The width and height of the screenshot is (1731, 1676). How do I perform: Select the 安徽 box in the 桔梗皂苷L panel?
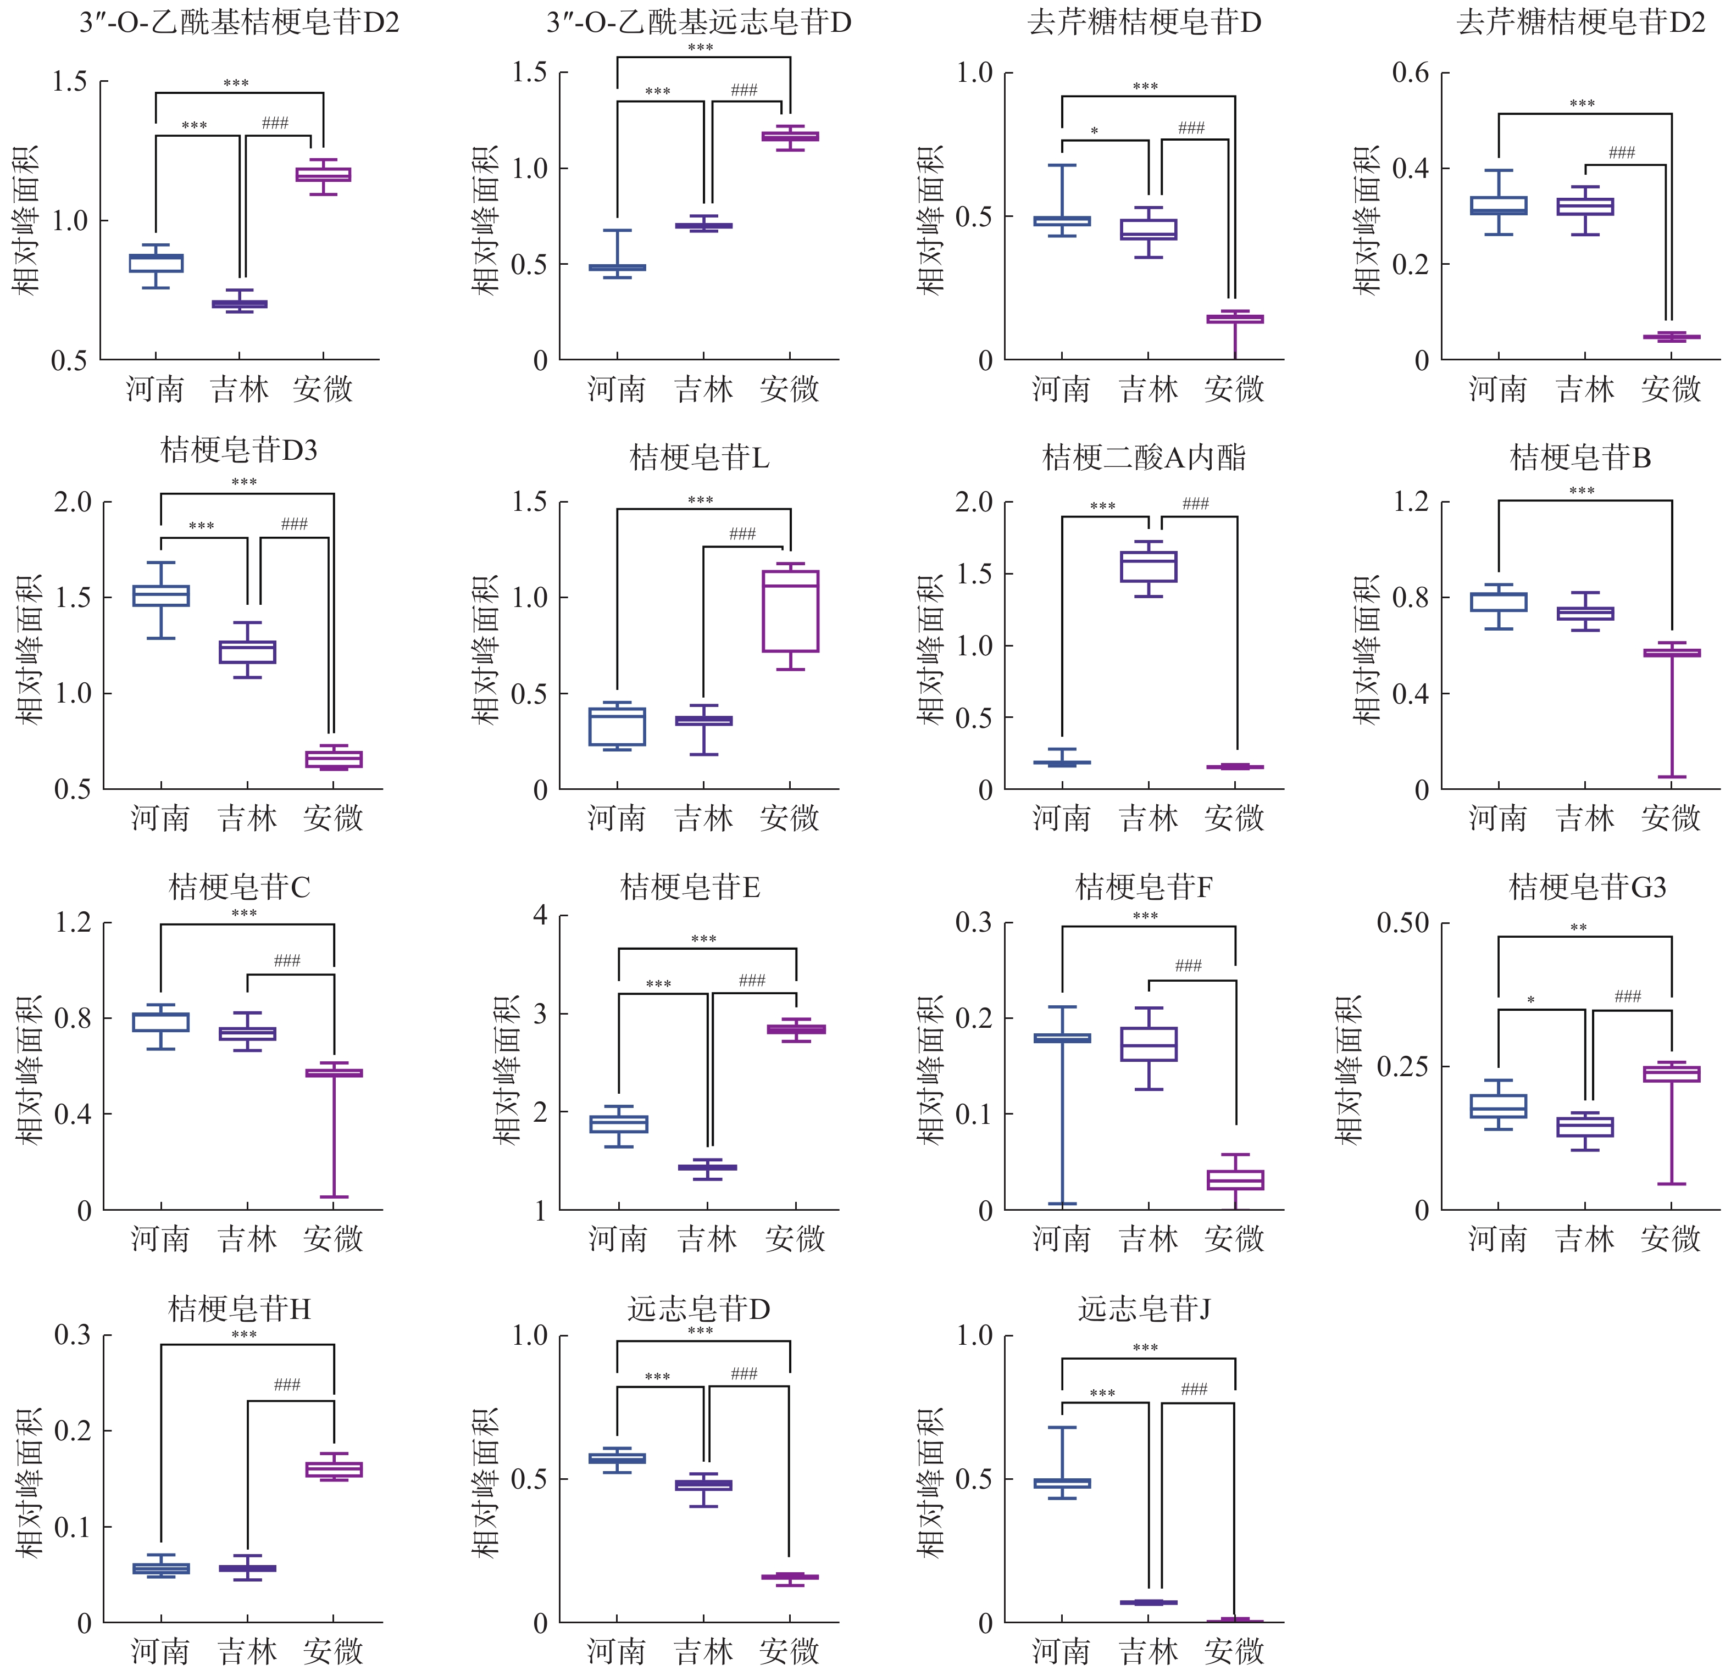[790, 611]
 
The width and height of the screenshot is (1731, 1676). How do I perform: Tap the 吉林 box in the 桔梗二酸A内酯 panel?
[1148, 567]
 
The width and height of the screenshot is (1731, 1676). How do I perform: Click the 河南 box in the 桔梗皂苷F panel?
[1062, 1038]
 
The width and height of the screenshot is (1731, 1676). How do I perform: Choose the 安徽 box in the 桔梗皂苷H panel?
[334, 1469]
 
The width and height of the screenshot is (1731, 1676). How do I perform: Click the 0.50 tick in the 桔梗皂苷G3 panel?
[1402, 923]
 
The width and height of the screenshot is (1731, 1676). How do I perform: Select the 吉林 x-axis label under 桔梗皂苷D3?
[247, 818]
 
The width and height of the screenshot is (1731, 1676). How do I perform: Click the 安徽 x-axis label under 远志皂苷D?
[790, 1650]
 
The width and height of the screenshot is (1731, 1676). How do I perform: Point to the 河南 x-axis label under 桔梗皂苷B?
[1498, 818]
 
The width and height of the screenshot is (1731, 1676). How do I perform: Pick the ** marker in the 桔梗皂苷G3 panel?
[1578, 928]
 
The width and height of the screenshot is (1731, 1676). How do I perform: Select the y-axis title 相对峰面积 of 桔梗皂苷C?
[29, 1070]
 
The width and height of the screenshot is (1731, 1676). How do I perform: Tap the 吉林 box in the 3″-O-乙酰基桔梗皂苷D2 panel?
[240, 304]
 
